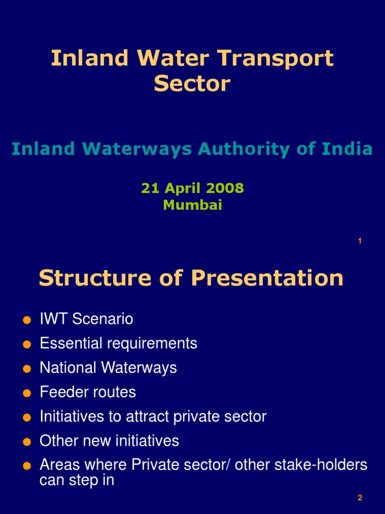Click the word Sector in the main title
point(192,83)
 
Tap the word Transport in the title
point(287,59)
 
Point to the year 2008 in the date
point(225,188)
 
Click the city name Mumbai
point(192,205)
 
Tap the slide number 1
point(360,241)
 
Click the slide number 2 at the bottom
point(360,498)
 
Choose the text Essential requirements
point(118,343)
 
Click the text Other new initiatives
point(109,441)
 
